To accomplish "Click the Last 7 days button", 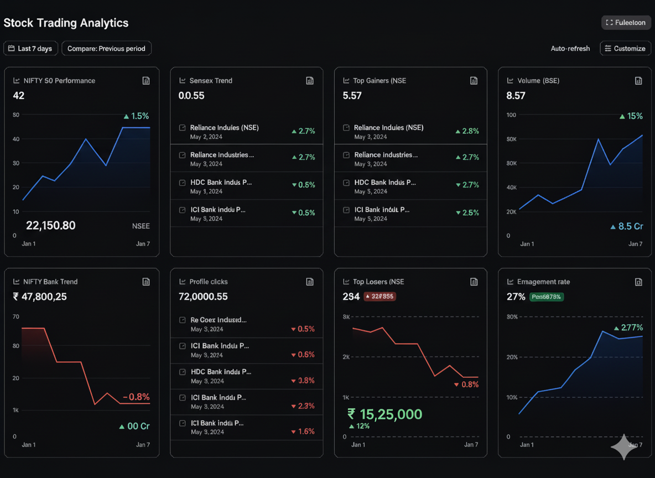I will tap(30, 49).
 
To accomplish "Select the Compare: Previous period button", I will tap(106, 49).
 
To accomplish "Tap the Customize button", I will tap(625, 49).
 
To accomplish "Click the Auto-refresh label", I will tap(570, 49).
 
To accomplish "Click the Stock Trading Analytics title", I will tap(66, 23).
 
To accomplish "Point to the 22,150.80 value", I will tap(51, 226).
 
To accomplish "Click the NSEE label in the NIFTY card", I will tap(141, 226).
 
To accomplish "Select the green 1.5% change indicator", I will tap(137, 116).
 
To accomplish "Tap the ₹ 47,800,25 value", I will tap(40, 297).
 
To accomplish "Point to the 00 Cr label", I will tap(134, 426).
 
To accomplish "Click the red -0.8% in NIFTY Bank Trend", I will tap(136, 397).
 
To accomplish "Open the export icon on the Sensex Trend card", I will tap(310, 81).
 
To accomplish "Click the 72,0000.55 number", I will tap(203, 297).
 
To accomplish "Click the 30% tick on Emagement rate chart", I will tap(512, 317).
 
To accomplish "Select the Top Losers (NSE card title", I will tap(378, 282).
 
